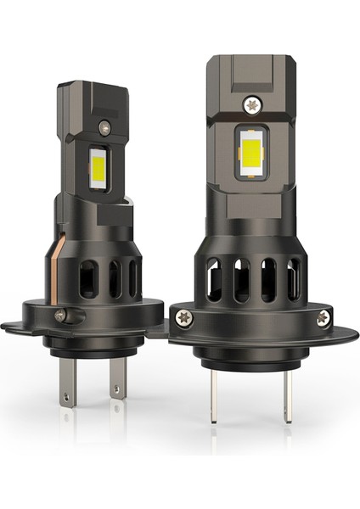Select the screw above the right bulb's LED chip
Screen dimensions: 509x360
[x=252, y=104]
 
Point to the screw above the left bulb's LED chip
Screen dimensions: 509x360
[x=104, y=128]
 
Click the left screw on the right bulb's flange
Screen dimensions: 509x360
[x=184, y=316]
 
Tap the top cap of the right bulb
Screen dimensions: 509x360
[x=252, y=70]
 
